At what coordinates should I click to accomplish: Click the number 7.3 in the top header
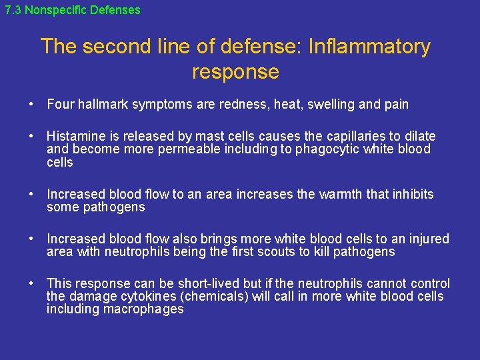pos(12,10)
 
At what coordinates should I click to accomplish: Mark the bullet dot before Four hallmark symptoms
pos(31,105)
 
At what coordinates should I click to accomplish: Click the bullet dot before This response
pos(31,284)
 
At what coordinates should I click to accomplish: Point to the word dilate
pos(418,136)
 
